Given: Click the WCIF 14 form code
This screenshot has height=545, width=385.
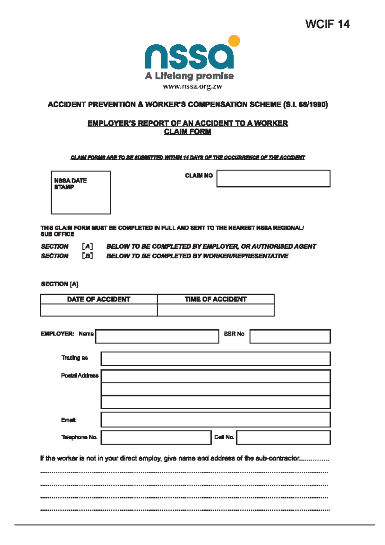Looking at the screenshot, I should pyautogui.click(x=327, y=24).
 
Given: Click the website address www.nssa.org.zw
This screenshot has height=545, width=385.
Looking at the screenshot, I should pyautogui.click(x=192, y=86).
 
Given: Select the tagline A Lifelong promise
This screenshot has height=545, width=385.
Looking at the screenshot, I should pyautogui.click(x=189, y=76).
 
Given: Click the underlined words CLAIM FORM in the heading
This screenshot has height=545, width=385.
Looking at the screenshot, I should pyautogui.click(x=187, y=132).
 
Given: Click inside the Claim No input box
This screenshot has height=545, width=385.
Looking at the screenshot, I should pyautogui.click(x=273, y=179).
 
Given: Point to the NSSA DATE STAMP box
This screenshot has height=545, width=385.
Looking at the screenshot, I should pyautogui.click(x=81, y=192).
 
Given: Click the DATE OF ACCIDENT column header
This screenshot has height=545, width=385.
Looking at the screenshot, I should pyautogui.click(x=98, y=299).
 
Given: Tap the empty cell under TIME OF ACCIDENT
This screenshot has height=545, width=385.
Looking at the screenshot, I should pyautogui.click(x=216, y=310).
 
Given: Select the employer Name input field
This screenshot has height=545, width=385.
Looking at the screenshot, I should pyautogui.click(x=157, y=336).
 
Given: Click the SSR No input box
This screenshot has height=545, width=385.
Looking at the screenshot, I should pyautogui.click(x=290, y=336).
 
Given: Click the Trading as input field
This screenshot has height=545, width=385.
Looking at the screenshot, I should pyautogui.click(x=215, y=359).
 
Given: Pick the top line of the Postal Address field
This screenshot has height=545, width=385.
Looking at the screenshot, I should pyautogui.click(x=215, y=376).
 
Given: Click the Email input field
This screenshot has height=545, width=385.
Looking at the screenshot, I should pyautogui.click(x=215, y=420).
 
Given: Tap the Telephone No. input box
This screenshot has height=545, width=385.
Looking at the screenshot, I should pyautogui.click(x=156, y=438).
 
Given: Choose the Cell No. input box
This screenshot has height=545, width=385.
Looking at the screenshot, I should pyautogui.click(x=283, y=438).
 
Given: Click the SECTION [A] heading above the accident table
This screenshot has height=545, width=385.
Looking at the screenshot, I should pyautogui.click(x=60, y=284).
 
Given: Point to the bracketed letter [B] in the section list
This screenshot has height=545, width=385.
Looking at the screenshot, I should pyautogui.click(x=87, y=256).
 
